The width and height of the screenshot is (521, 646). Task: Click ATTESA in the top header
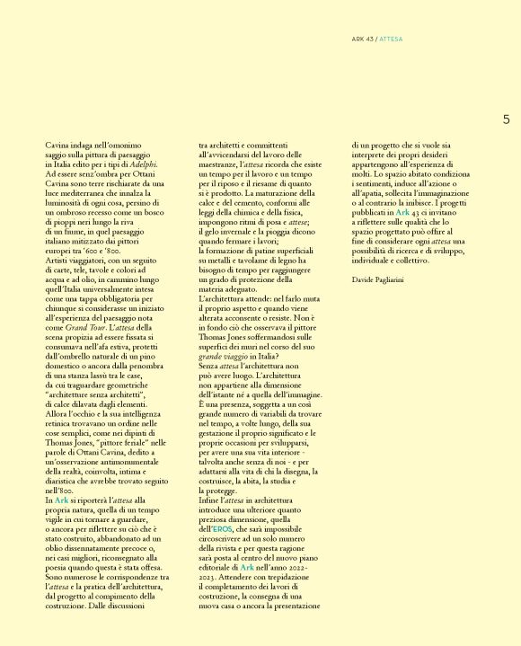tap(392, 40)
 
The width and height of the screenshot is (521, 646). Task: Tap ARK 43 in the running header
tap(362, 40)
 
